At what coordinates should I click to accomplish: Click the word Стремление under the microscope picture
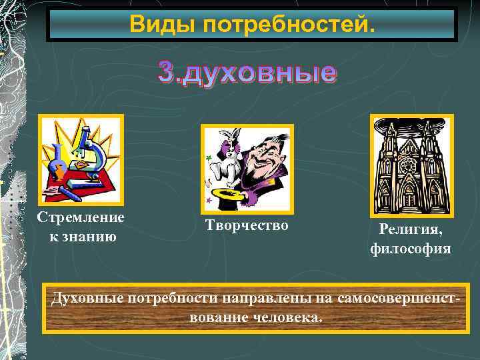tap(81, 218)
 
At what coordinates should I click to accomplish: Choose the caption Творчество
tap(247, 226)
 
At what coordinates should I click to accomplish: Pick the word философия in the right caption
tap(411, 249)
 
